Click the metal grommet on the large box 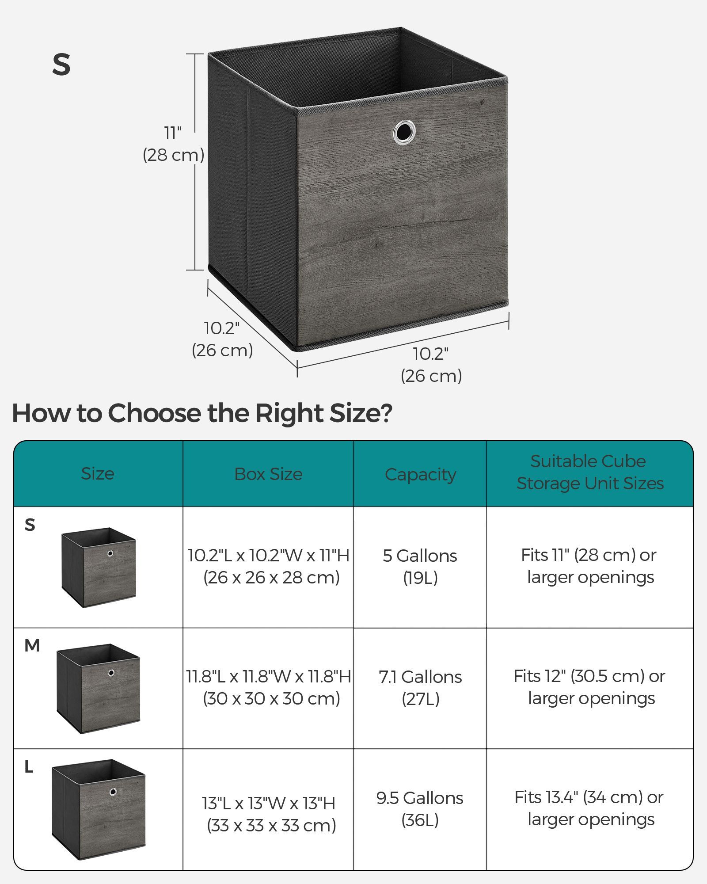[404, 131]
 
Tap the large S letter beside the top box [61, 65]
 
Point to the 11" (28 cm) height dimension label [173, 144]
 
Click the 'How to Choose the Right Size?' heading [202, 413]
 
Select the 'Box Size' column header [268, 474]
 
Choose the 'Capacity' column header [420, 475]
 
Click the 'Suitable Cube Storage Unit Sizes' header [590, 472]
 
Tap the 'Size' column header [98, 474]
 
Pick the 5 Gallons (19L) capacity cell [420, 567]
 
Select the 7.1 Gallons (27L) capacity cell [420, 688]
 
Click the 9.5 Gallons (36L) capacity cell [420, 809]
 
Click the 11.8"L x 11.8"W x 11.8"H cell [269, 687]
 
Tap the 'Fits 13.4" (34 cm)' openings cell [589, 808]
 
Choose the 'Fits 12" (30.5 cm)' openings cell [589, 687]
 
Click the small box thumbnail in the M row [99, 689]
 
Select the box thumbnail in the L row [99, 810]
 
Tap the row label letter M [32, 646]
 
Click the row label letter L [29, 767]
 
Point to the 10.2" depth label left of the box [222, 339]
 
